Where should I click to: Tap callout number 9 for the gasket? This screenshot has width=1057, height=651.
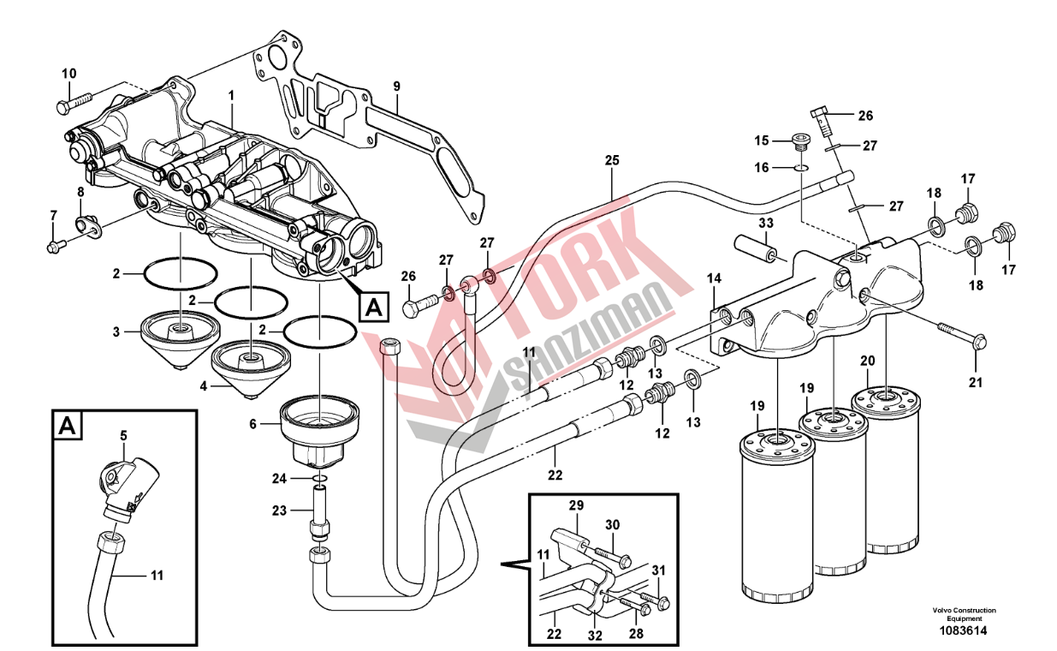(x=396, y=86)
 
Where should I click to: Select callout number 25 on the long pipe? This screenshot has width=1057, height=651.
(x=611, y=159)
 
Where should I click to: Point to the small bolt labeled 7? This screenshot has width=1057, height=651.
(x=54, y=246)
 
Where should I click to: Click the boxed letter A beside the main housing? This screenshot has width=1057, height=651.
(x=374, y=304)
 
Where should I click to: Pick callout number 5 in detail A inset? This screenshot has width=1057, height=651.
(x=123, y=436)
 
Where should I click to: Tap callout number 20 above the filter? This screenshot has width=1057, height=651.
(x=867, y=360)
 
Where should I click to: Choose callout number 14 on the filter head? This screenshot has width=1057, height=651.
(x=714, y=278)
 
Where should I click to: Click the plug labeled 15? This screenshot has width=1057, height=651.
(x=800, y=141)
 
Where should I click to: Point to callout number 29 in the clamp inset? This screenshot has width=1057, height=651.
(x=575, y=505)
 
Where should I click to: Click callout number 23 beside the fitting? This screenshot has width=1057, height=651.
(x=280, y=510)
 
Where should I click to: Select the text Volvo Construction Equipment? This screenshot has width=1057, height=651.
(x=964, y=614)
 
